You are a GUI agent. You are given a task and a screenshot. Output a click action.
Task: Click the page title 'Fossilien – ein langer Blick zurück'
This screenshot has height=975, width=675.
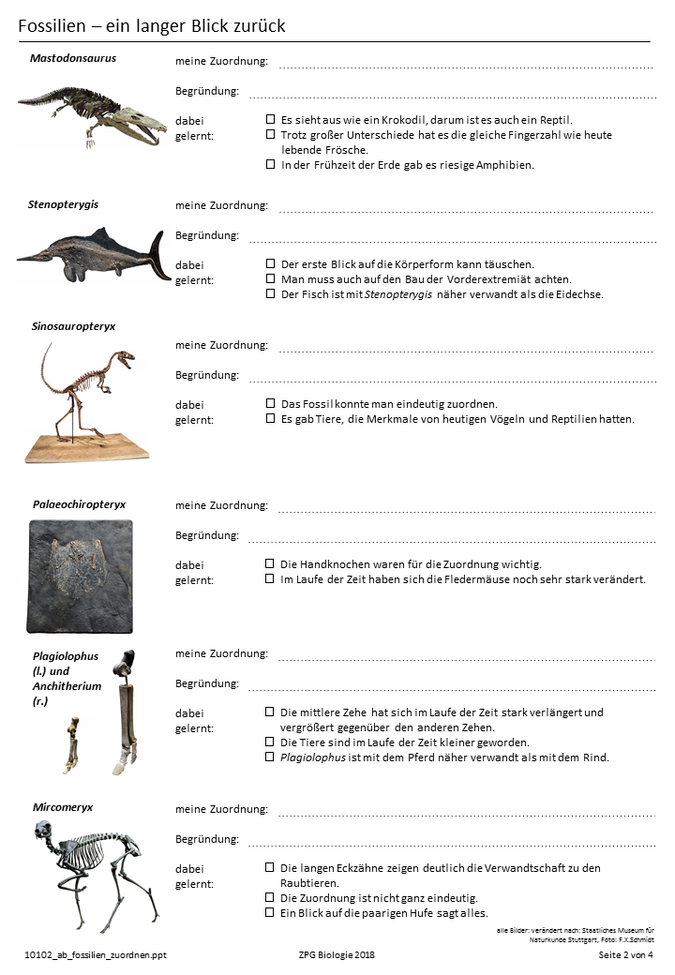152,26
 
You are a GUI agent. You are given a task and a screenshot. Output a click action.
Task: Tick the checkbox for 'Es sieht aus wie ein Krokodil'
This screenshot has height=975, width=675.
271,120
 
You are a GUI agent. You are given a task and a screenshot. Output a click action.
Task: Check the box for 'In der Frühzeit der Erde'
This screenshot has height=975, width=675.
271,165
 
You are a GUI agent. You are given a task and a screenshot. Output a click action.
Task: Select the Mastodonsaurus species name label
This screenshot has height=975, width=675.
73,58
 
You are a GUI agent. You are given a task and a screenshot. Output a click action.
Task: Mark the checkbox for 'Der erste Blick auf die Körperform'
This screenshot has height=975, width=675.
271,264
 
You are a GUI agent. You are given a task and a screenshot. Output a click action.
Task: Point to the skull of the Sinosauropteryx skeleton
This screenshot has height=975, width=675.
123,358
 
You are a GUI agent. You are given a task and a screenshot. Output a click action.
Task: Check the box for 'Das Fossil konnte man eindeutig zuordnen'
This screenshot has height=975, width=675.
271,404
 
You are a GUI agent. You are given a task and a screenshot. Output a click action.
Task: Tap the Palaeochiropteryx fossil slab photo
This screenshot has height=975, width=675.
79,575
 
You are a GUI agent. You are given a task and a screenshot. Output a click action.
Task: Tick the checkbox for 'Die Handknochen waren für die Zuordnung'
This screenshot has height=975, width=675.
271,564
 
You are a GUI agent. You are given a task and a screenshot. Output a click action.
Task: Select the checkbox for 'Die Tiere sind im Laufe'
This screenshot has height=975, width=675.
271,742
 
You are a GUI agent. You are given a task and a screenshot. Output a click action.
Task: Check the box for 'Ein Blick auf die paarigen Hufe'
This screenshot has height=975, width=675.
271,913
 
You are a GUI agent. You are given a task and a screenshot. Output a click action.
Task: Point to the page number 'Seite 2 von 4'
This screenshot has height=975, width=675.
625,954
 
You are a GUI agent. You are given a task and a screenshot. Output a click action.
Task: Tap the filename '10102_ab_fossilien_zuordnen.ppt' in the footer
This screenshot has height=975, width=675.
96,954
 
